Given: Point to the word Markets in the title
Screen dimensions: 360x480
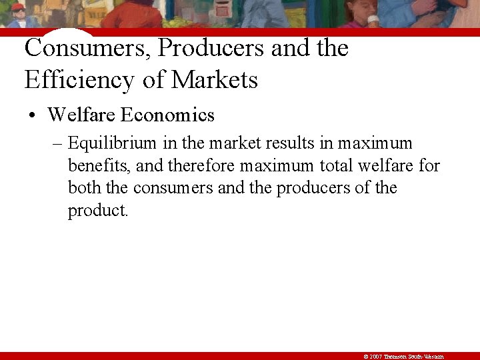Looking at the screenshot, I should pos(215,80).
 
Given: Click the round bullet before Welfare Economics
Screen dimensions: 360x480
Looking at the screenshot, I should pos(31,116).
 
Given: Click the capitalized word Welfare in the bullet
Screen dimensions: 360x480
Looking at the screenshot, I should pos(81,115).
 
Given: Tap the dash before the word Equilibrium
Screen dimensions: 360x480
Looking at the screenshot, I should pos(58,143).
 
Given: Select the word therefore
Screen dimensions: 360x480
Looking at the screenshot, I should pos(202,165).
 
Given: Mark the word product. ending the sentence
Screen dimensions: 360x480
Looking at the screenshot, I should pos(97,211).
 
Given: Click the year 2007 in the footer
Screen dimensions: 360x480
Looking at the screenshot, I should pos(375,357).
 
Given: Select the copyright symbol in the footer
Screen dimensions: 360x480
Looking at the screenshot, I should pos(367,357).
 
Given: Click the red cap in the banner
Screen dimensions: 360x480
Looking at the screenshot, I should pos(18,7).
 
